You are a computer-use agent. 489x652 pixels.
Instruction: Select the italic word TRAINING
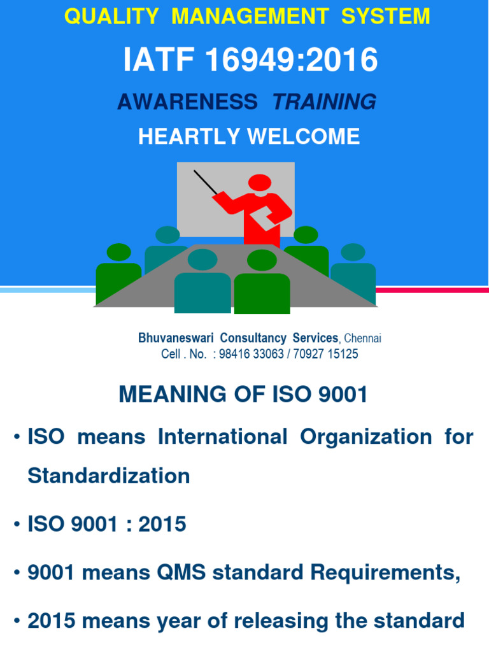324,101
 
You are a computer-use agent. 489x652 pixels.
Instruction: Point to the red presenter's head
260,182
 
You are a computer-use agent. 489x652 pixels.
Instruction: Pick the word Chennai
362,339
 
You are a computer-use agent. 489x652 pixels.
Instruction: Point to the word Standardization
109,476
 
